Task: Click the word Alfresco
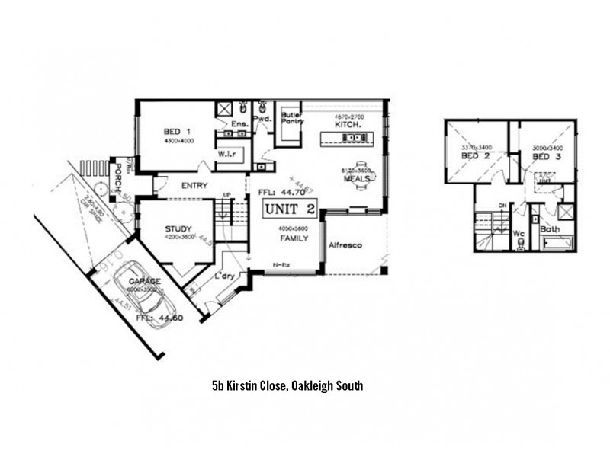(x=344, y=245)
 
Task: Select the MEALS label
(x=357, y=178)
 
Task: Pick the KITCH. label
(x=348, y=123)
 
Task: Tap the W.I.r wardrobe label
(x=226, y=153)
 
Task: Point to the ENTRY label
(x=195, y=185)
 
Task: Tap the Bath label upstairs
(x=550, y=228)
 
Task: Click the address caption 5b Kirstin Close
(x=287, y=386)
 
